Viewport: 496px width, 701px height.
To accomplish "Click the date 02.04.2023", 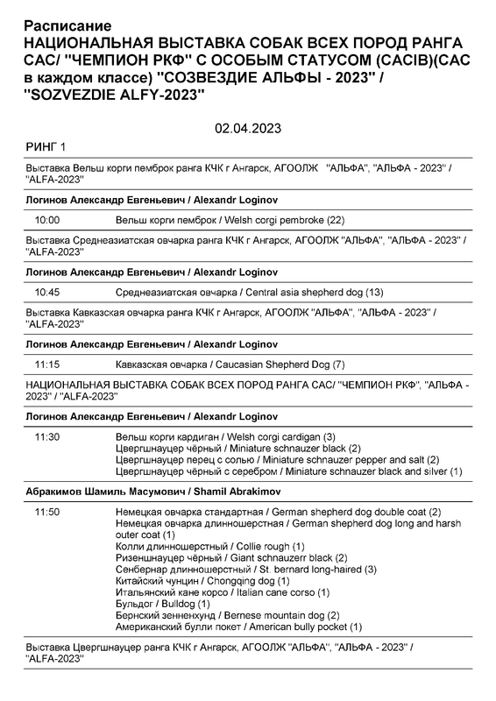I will point(247,128).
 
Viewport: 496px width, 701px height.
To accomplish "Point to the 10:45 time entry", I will point(46,291).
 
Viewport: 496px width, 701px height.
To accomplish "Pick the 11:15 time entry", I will point(46,363).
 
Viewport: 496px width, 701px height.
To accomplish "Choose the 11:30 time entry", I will point(46,436).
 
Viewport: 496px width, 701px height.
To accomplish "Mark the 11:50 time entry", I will point(46,512).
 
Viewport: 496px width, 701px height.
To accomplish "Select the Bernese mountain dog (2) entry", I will point(228,615).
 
